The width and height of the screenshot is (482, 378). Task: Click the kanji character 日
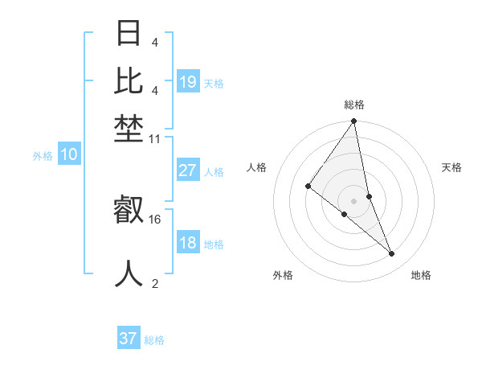[129, 35]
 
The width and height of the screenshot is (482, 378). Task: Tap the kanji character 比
[129, 80]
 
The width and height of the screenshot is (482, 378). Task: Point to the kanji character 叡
[129, 212]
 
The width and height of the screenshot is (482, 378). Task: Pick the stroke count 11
[155, 138]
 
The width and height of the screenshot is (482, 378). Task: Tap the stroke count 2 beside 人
[155, 282]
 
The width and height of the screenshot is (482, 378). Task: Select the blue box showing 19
[188, 82]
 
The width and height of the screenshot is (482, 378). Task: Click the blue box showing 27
[188, 171]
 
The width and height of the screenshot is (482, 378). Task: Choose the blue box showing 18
[188, 243]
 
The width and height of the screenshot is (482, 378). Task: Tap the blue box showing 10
[69, 155]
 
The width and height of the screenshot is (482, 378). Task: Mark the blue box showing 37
[129, 339]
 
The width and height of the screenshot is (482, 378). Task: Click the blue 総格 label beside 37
[155, 340]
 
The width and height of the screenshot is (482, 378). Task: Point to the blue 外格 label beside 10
[43, 157]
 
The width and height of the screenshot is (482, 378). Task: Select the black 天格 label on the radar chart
[451, 167]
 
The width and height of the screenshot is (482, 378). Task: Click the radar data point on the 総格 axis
[353, 121]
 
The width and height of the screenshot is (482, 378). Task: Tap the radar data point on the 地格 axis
[392, 253]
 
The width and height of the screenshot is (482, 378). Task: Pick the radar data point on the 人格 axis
[308, 186]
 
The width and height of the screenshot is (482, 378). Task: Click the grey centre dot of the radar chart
[353, 200]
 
